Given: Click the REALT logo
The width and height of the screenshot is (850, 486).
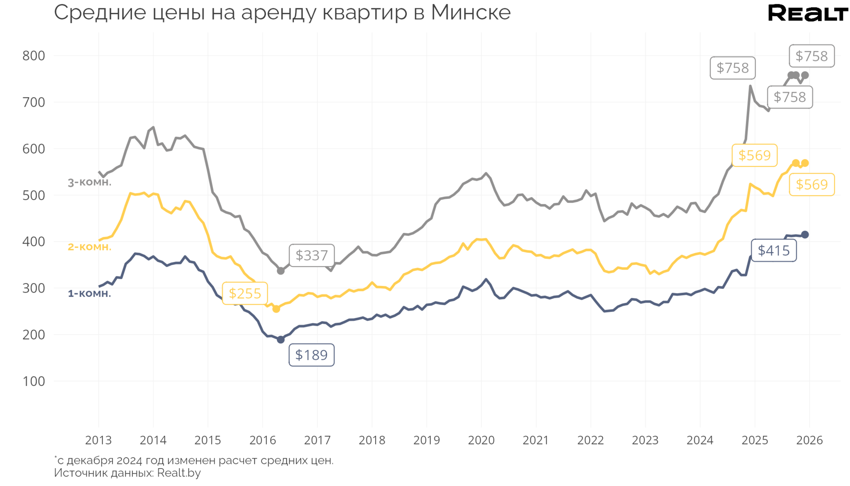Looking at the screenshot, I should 807,13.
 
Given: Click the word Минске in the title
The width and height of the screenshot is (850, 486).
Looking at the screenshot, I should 471,12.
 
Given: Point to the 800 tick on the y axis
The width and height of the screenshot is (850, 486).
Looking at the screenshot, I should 34,56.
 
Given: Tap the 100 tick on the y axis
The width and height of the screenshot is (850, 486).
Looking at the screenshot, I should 34,381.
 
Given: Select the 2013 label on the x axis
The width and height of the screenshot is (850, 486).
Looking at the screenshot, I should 98,440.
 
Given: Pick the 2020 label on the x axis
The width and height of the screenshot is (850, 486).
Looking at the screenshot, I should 481,440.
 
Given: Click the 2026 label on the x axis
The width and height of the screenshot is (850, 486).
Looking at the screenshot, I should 809,440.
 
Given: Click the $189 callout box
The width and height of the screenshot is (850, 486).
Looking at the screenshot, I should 311,355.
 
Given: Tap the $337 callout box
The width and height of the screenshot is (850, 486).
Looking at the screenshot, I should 311,255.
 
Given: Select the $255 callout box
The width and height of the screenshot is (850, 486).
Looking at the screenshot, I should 245,293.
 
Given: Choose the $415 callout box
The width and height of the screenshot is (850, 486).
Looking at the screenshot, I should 774,250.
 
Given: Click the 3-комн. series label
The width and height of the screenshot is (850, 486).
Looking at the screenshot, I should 90,182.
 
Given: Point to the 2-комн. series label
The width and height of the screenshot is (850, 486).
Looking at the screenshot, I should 90,247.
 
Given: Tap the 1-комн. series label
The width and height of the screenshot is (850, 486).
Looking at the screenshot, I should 90,293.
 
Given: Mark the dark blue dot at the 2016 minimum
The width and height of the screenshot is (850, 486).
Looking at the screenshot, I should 281,339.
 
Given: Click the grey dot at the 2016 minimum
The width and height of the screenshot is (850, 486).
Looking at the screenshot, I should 281,271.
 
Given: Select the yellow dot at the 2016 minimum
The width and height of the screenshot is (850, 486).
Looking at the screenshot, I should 276,309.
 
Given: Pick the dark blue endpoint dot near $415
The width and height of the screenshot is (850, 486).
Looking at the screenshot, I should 805,234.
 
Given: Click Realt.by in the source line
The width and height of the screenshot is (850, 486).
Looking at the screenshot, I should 179,473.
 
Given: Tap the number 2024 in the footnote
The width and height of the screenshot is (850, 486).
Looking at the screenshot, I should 129,460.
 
